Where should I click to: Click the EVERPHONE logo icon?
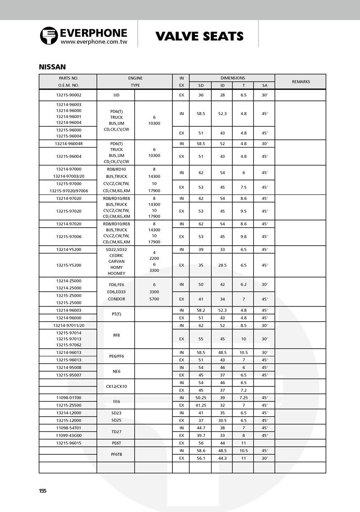point(49,36)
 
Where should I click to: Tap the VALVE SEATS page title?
point(199,36)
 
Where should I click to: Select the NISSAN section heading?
point(53,67)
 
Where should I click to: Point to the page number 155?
point(43,490)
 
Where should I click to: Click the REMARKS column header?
point(301,81)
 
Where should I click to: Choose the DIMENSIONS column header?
point(233,78)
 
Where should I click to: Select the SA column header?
point(264,85)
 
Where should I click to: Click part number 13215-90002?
point(68,95)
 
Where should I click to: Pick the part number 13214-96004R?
point(68,144)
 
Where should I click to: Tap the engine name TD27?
point(116,431)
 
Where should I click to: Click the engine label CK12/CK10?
point(116,386)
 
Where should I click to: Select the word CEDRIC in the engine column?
point(116,256)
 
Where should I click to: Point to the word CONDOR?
point(117,299)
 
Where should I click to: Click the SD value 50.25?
point(200,398)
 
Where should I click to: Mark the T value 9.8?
point(243,236)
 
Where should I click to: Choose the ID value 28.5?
point(222,265)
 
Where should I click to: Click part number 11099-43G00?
point(68,435)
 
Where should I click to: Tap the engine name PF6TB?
point(116,454)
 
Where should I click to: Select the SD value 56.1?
point(200,458)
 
